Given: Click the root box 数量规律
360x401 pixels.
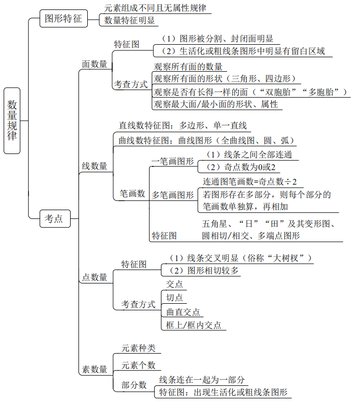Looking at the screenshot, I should [12, 120].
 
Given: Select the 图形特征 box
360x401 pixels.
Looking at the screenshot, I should [63, 20].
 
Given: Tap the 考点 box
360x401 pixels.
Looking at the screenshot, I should [54, 219].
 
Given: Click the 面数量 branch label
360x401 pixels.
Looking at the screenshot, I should [95, 64].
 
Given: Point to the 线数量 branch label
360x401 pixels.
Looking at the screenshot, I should [95, 166].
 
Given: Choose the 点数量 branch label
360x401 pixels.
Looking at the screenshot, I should [95, 277].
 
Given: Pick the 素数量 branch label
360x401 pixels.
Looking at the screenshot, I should [95, 369].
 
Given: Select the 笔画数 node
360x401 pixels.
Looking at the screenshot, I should [132, 193].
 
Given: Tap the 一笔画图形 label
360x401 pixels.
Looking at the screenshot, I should [172, 161].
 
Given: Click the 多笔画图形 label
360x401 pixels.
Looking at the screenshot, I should [172, 195].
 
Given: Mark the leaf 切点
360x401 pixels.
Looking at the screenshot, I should [174, 297].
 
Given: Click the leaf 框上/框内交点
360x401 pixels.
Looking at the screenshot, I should [193, 325].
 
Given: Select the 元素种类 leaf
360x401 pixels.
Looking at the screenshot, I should [138, 348].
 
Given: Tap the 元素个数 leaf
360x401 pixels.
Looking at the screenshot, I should [138, 365].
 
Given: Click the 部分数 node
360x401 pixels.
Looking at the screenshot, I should [134, 385].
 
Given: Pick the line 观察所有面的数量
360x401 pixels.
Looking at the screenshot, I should [188, 67].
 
